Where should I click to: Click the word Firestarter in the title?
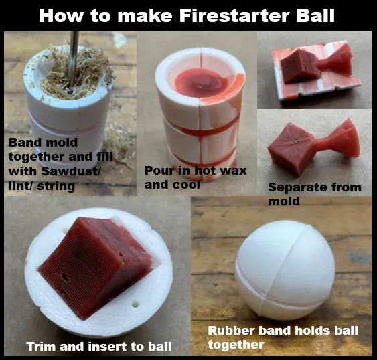pos(234,15)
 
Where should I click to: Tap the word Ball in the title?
pos(315,15)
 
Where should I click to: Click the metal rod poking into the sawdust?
pos(74,60)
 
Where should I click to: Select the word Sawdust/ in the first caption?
pos(71,171)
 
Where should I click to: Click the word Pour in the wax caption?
pos(159,171)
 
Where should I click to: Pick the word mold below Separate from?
pos(284,201)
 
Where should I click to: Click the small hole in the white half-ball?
pos(136,304)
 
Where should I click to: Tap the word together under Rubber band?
pos(236,345)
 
